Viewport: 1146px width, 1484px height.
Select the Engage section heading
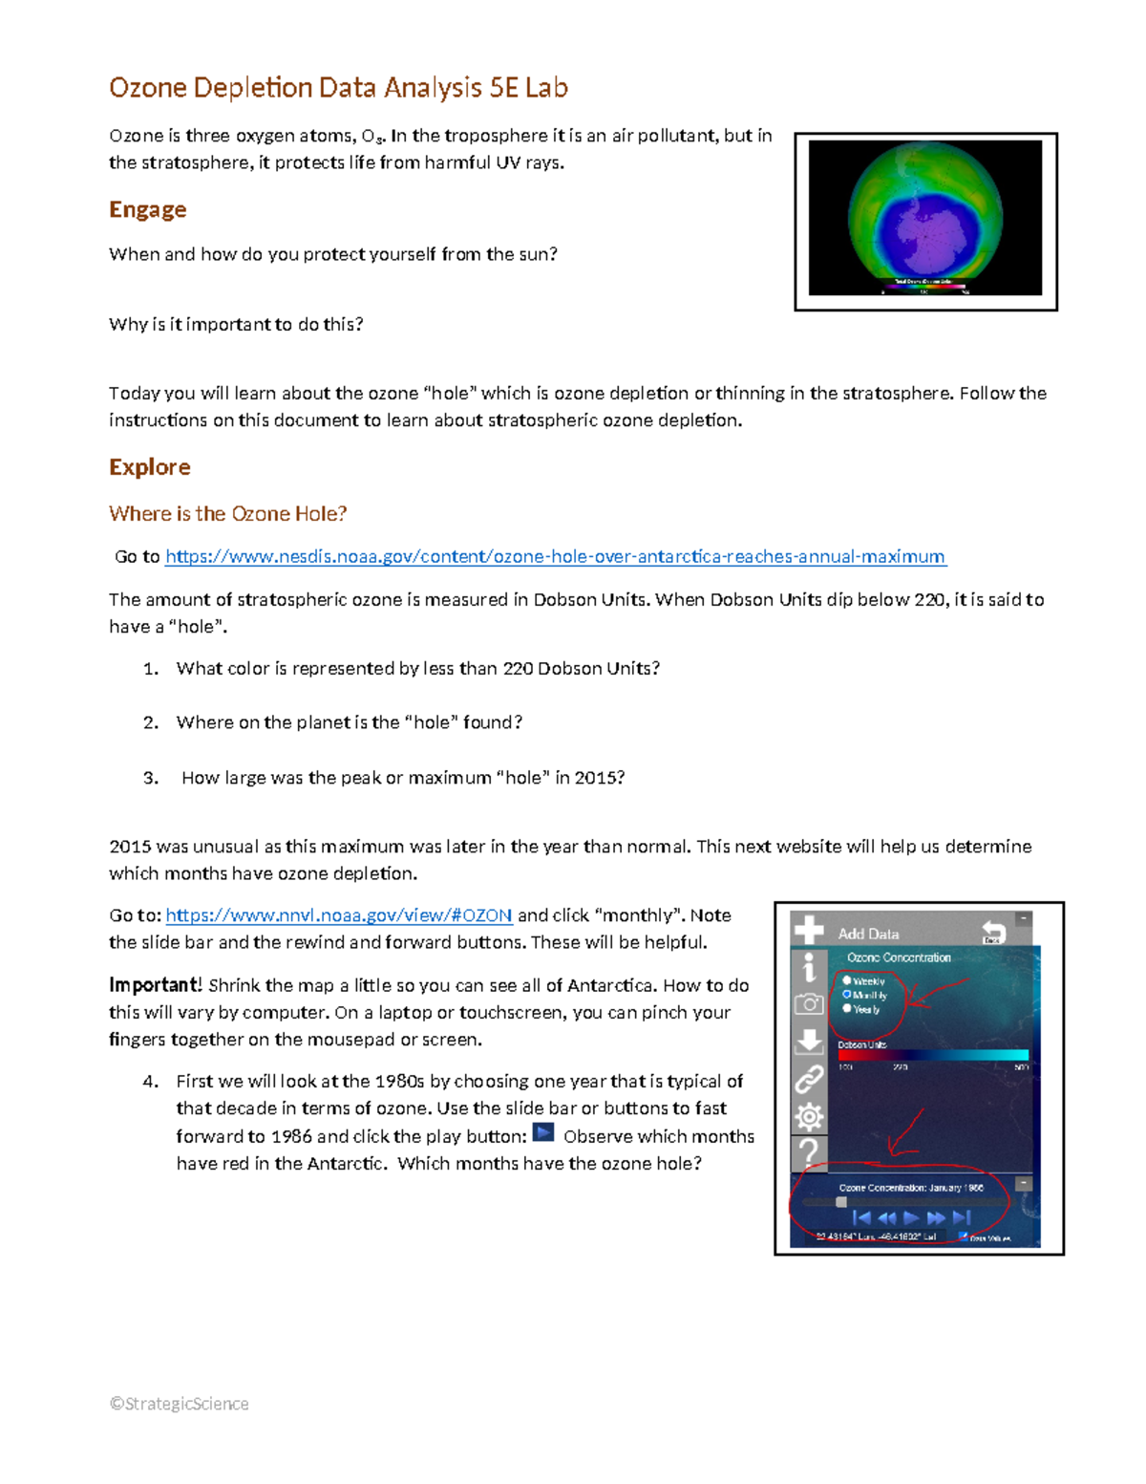[x=147, y=209]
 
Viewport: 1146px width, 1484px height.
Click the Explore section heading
[x=150, y=467]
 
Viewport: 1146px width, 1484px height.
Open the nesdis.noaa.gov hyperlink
[x=555, y=556]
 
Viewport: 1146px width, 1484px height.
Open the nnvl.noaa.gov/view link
[x=339, y=915]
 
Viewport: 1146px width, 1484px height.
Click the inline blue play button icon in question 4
[x=543, y=1133]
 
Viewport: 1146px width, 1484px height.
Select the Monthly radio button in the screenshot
[x=846, y=995]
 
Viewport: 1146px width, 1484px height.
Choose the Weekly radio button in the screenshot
[x=846, y=980]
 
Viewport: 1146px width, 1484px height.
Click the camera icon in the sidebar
[x=809, y=1004]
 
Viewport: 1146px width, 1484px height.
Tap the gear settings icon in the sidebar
[x=809, y=1116]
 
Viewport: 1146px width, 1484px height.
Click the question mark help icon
[x=809, y=1151]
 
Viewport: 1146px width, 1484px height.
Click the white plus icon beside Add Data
[x=809, y=930]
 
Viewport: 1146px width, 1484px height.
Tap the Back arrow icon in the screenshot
[x=993, y=932]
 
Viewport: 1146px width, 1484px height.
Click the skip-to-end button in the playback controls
[x=962, y=1217]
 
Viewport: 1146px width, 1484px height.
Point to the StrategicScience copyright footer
[x=180, y=1404]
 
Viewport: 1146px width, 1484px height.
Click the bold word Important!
[x=155, y=985]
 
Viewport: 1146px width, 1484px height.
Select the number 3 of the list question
[x=150, y=778]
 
